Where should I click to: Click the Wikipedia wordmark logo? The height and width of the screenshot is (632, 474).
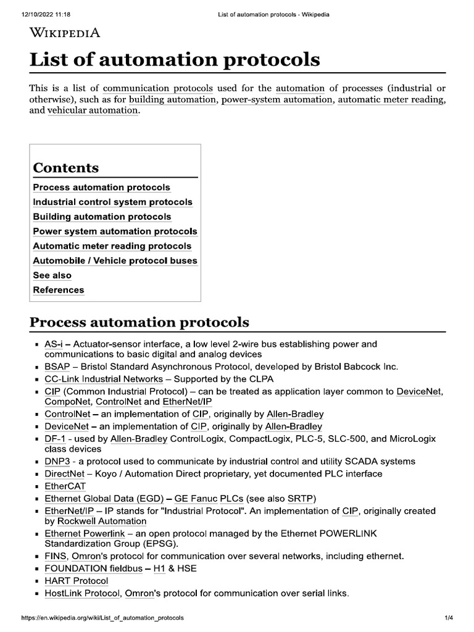point(65,33)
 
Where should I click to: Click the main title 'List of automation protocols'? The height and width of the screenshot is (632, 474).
point(175,60)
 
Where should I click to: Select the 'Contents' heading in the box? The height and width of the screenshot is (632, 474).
point(65,168)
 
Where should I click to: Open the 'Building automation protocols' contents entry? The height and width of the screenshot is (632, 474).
point(102,217)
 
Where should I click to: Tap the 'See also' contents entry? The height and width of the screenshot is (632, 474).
point(52,275)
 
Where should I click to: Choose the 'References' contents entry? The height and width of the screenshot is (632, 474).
point(59,290)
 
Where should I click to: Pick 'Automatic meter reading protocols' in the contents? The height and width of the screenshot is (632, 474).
point(112,246)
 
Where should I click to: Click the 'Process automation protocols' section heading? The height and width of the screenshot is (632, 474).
point(139,322)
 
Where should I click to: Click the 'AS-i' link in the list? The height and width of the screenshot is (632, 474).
point(54,344)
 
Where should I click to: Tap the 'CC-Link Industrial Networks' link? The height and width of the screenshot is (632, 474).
point(104,379)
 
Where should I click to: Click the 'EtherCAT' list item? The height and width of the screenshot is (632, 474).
point(65,486)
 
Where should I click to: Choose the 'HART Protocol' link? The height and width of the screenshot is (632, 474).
point(76,581)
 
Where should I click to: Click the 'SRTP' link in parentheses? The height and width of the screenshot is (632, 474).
point(300,498)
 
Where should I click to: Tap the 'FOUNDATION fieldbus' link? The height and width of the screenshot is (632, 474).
point(93,568)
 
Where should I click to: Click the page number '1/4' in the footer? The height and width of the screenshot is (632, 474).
point(449,618)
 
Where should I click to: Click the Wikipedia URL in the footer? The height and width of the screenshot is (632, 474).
point(102,618)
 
